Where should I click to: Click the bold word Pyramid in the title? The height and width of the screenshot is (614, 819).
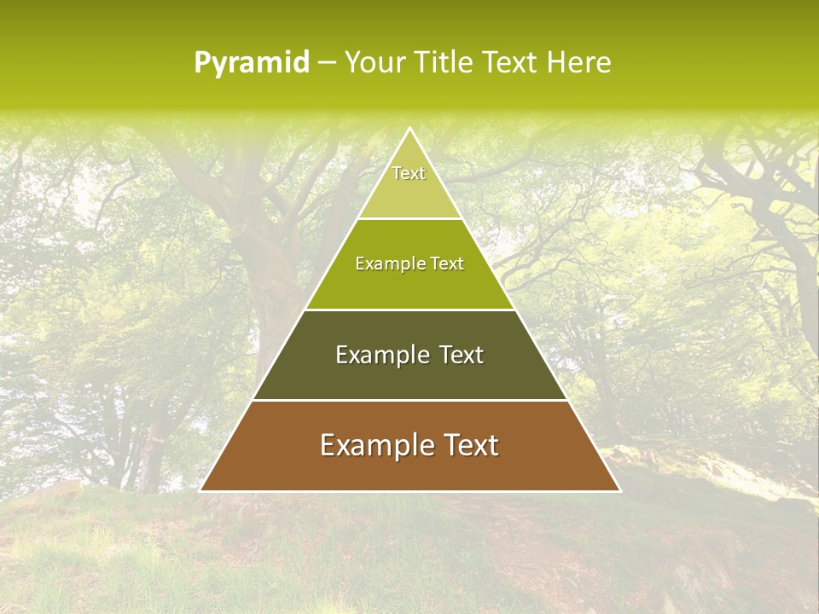tap(251, 63)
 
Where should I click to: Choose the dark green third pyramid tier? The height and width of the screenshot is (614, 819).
tap(409, 375)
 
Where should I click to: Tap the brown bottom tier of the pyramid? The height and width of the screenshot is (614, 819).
tap(409, 465)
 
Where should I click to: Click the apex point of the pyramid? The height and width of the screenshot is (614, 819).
tap(409, 129)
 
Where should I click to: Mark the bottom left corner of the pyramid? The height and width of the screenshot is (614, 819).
tap(200, 490)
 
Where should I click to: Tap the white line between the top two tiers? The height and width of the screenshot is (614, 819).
tap(409, 219)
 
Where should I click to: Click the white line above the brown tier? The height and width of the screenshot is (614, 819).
tap(409, 400)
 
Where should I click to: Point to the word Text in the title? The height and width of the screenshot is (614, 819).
tap(512, 63)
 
